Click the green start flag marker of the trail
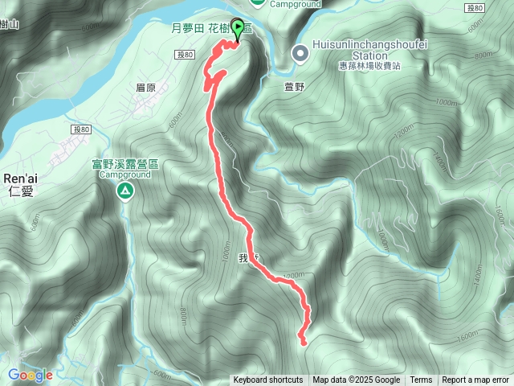(239, 26)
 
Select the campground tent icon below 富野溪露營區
(125, 191)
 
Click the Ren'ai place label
(18, 179)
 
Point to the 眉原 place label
(145, 88)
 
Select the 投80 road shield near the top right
(475, 8)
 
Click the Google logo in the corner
(30, 375)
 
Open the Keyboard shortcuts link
(268, 380)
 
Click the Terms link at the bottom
(421, 380)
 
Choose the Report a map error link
(475, 380)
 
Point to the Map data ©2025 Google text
(356, 380)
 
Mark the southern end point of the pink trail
(303, 342)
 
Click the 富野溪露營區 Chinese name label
(124, 164)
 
